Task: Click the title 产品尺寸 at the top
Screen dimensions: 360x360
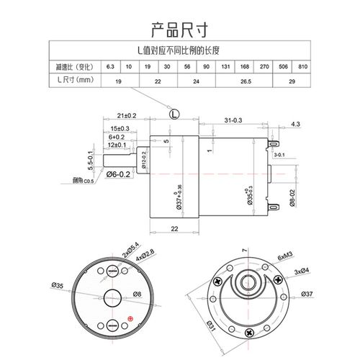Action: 180,30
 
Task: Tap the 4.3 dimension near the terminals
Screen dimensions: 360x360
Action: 296,125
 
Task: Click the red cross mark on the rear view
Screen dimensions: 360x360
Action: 130,319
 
